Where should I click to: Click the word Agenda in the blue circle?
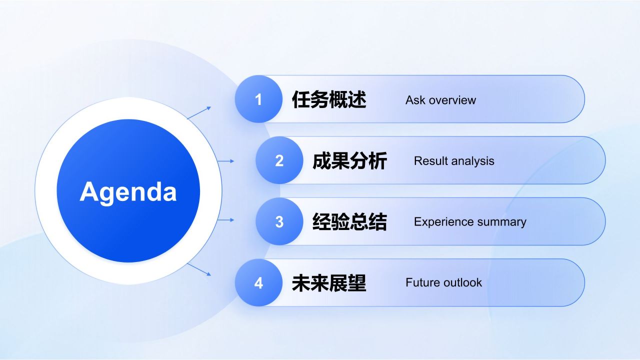coord(128,192)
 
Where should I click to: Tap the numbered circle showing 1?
coord(258,99)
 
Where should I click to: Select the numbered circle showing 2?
coord(279,160)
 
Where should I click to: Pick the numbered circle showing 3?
coord(279,221)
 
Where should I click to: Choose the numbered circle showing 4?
coord(258,282)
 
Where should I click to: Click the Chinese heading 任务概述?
coord(329,99)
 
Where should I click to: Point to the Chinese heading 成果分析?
coord(349,161)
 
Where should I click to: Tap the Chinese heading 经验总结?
coord(349,221)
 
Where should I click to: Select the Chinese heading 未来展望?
coord(329,283)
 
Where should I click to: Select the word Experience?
coord(443,222)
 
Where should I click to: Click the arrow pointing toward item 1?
coord(199,112)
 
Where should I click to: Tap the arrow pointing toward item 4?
coord(199,269)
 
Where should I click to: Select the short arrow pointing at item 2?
coord(225,161)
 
